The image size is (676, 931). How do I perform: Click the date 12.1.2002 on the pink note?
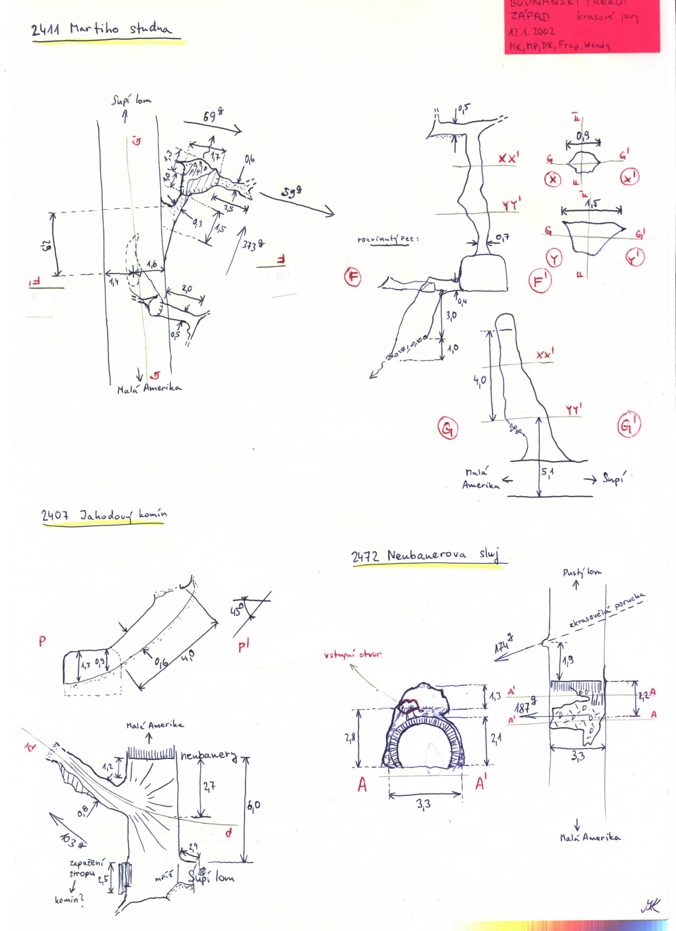[x=532, y=32]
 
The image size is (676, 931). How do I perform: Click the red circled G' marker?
[x=629, y=426]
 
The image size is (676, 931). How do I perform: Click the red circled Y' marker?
[x=635, y=257]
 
